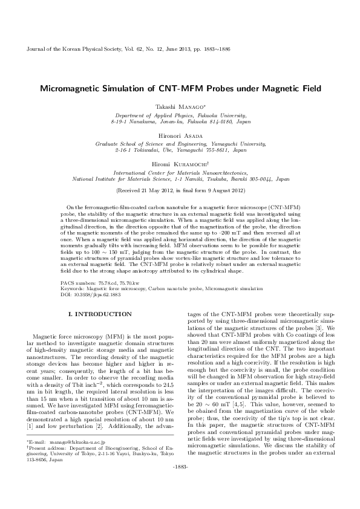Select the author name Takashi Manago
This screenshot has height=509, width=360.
[180, 106]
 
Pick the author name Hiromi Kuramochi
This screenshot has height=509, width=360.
[180, 164]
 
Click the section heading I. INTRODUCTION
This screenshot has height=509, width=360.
[99, 314]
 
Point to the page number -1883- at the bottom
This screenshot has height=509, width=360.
[180, 484]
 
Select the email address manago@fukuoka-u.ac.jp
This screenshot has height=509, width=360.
[75, 444]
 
